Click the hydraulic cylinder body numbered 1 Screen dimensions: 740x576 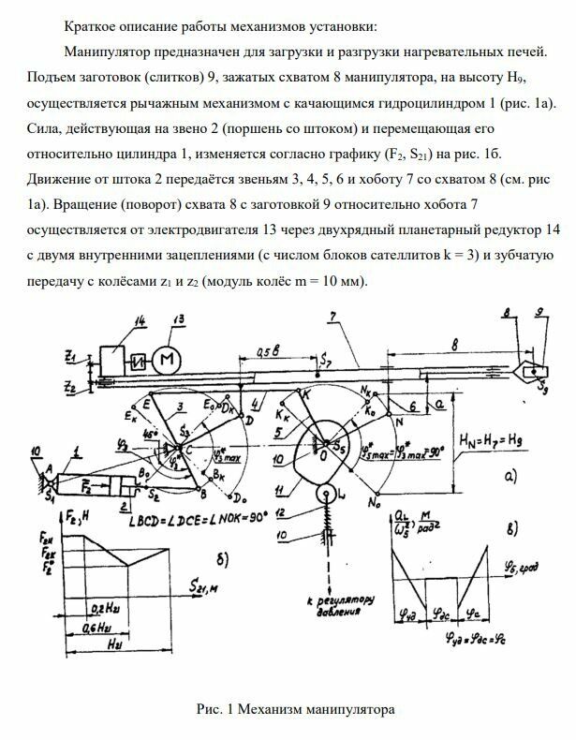pos(89,486)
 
